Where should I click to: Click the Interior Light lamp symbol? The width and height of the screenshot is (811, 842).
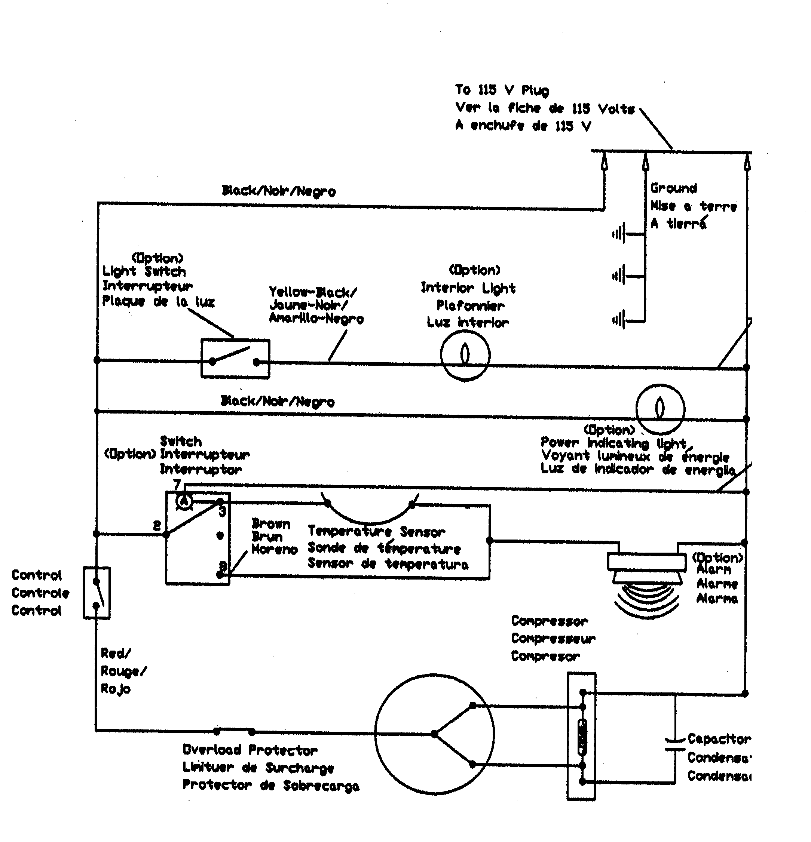[465, 355]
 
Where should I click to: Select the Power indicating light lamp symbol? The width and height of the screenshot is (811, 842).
[660, 409]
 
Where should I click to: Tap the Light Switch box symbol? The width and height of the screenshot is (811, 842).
[235, 359]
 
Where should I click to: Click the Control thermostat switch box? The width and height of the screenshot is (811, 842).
[97, 593]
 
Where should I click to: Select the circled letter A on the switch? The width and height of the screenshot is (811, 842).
[184, 501]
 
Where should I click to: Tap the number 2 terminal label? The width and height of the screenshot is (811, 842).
[157, 525]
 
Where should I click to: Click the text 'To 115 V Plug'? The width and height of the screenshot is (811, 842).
[502, 90]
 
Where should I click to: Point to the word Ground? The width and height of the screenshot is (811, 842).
[673, 188]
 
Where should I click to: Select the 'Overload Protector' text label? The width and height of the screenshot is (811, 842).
[250, 750]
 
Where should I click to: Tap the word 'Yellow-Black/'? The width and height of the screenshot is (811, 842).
[312, 292]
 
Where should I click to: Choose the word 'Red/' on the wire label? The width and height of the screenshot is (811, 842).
[115, 654]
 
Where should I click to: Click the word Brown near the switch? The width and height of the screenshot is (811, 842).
[271, 524]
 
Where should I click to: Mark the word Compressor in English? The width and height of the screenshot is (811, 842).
[549, 621]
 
